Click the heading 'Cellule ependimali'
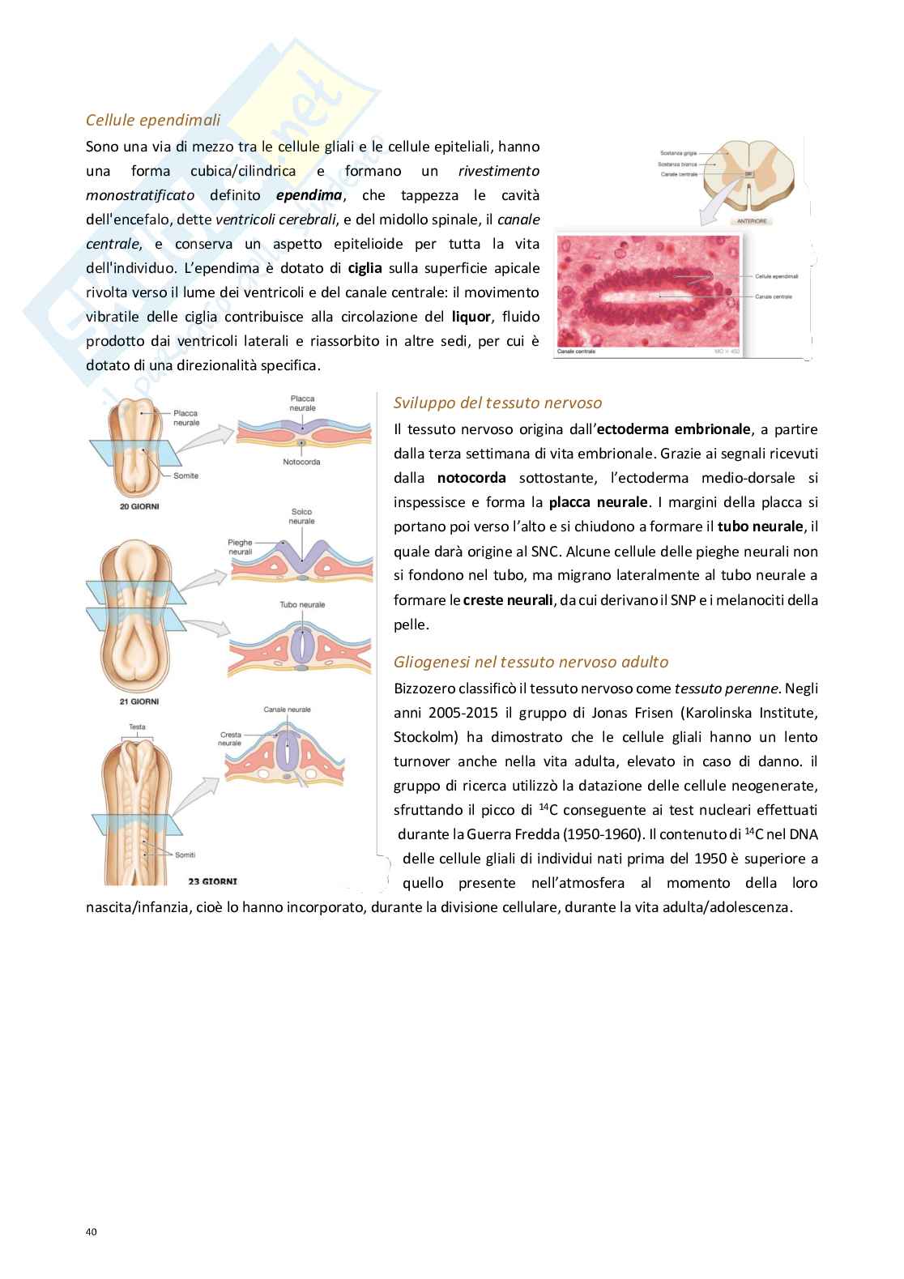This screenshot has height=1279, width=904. click(x=153, y=121)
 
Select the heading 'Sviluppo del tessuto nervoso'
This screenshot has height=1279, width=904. click(x=497, y=403)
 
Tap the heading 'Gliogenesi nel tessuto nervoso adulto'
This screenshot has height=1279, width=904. click(x=531, y=662)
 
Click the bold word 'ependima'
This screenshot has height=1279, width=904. click(x=309, y=195)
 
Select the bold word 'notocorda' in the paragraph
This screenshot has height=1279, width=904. click(x=471, y=478)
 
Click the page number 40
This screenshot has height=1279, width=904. click(x=91, y=1232)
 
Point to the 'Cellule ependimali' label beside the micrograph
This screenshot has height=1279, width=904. click(x=776, y=276)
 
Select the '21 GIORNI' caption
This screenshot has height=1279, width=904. click(x=134, y=701)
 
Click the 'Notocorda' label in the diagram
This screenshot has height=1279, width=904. click(x=301, y=462)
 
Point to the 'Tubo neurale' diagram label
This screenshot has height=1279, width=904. click(x=302, y=604)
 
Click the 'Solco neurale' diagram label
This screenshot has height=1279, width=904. click(x=301, y=516)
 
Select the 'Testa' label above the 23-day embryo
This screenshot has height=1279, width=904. click(x=137, y=727)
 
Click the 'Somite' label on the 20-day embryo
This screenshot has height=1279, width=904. click(x=185, y=475)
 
